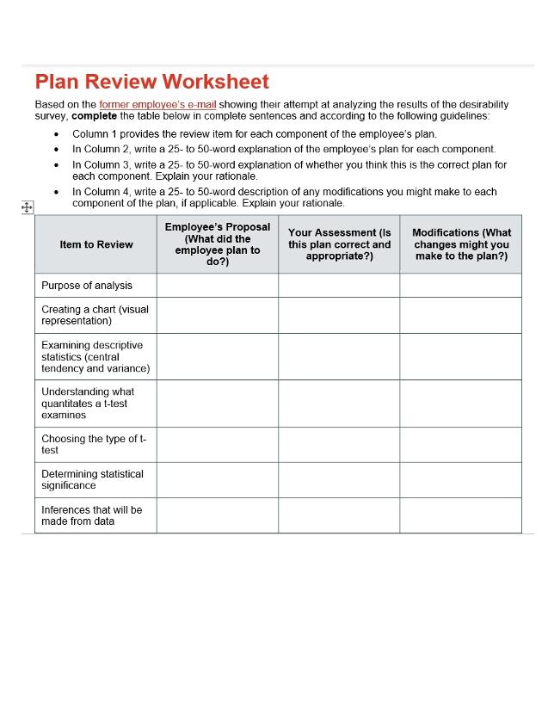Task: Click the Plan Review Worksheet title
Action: click(151, 82)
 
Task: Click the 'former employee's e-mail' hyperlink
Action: click(157, 104)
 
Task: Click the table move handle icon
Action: click(26, 207)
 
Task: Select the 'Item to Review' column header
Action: click(96, 244)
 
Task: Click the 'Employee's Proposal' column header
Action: click(217, 244)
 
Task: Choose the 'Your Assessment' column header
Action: click(339, 244)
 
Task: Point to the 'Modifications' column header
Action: click(461, 244)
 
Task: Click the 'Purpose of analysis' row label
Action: click(87, 286)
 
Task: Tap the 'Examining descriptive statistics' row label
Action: click(95, 356)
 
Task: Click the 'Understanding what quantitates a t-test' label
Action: click(88, 403)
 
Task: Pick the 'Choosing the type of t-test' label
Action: click(94, 444)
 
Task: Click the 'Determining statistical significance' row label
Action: click(92, 479)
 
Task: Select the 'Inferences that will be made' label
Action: click(91, 515)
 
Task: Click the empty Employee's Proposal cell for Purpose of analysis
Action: click(217, 286)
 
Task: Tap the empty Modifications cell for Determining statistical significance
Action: click(461, 479)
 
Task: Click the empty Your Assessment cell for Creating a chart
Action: click(339, 315)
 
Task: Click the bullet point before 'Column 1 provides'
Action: click(57, 134)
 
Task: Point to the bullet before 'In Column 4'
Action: click(57, 193)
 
